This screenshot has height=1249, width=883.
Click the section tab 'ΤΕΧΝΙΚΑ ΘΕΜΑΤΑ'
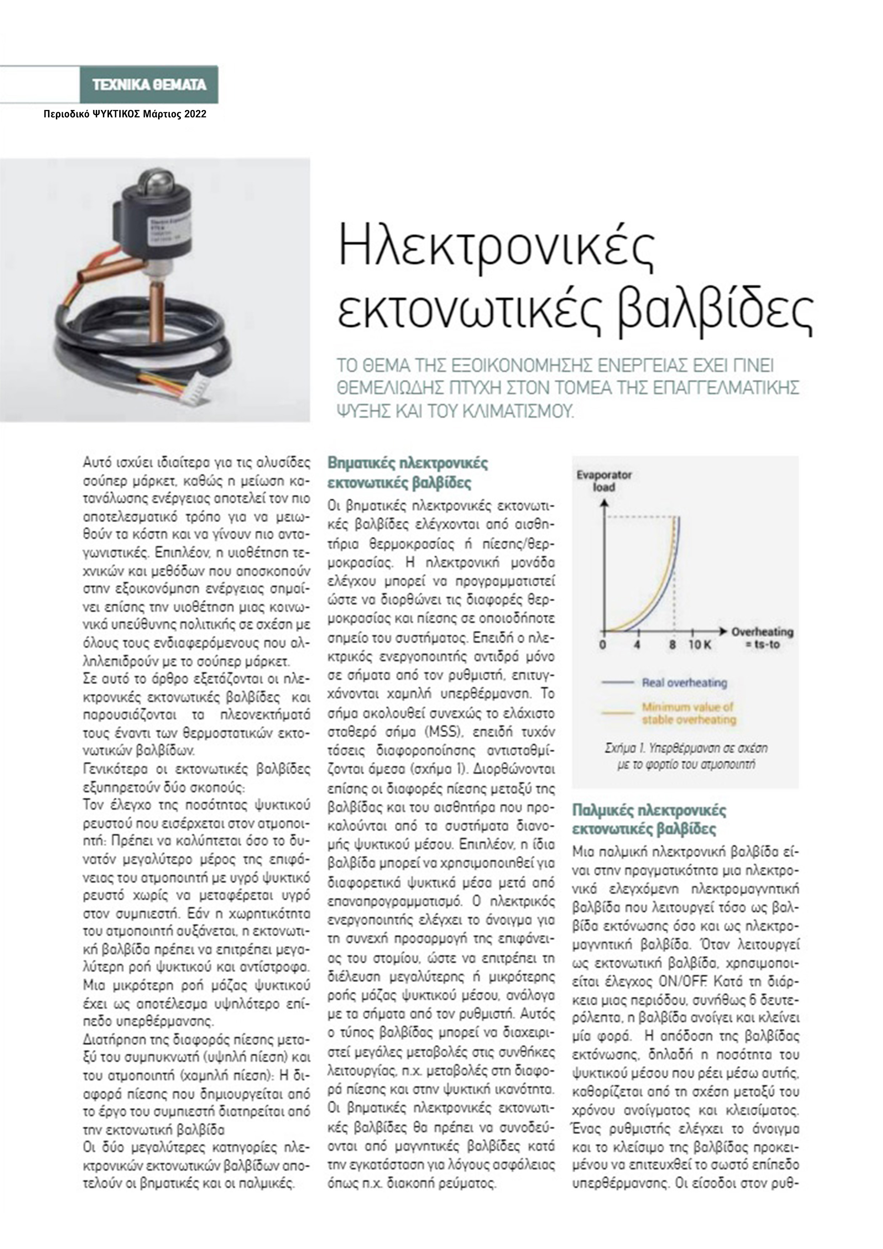(x=149, y=85)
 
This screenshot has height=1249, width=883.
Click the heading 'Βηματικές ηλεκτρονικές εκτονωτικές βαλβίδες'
(x=408, y=473)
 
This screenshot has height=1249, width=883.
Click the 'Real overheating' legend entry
(x=684, y=682)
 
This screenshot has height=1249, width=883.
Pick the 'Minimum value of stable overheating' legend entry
(x=688, y=713)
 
